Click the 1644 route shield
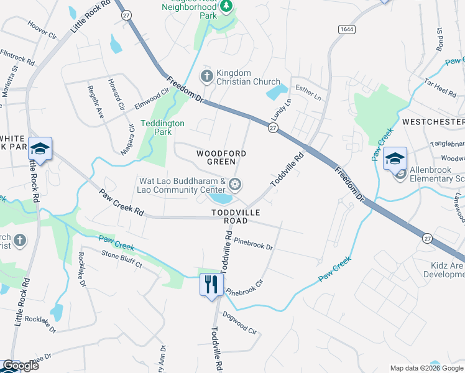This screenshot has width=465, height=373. click(346, 29)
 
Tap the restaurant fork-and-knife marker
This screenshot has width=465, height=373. click(211, 284)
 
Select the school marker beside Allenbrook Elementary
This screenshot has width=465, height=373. click(395, 159)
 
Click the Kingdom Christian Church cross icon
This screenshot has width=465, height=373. click(206, 76)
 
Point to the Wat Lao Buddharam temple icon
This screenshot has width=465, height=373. click(235, 183)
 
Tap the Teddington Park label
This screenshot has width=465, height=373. click(162, 127)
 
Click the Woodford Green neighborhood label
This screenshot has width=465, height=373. click(221, 158)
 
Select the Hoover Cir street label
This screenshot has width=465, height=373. click(42, 29)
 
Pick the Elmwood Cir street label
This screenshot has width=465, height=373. click(152, 99)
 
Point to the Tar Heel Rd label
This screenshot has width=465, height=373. click(440, 90)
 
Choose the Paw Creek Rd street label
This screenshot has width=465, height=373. click(121, 203)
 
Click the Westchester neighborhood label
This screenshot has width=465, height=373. click(433, 121)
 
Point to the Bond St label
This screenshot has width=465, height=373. click(439, 39)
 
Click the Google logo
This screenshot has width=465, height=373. click(21, 366)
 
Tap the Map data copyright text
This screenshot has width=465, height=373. click(426, 368)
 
